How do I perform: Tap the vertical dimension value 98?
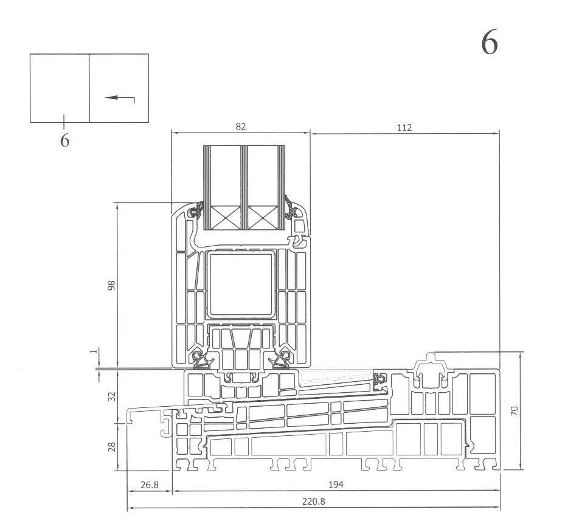[111, 285]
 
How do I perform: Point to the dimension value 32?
[111, 396]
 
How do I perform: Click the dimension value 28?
[111, 447]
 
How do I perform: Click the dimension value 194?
[336, 485]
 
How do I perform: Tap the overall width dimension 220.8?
[314, 503]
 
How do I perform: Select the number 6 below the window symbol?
[64, 140]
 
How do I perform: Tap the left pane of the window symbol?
[60, 88]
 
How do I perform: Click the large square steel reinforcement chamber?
[241, 285]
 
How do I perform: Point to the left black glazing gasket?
[196, 212]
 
